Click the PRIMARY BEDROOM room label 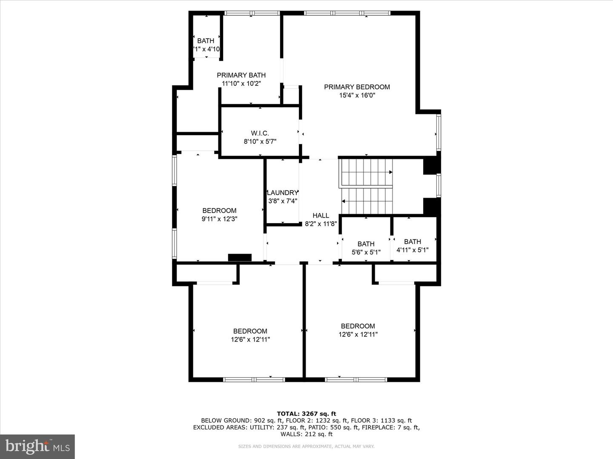pos(357,87)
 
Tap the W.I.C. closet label pos(260,133)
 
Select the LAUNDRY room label pos(282,193)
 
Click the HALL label pos(321,215)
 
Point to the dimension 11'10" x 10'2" pos(241,84)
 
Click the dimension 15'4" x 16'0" pos(357,96)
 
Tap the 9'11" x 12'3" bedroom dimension pos(219,219)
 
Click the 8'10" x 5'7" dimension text pos(260,142)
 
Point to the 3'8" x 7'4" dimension pos(282,201)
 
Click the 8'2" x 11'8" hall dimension pos(321,224)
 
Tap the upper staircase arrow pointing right pos(390,172)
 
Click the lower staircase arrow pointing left pos(344,201)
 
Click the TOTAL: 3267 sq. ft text pos(306,414)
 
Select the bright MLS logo pos(37,446)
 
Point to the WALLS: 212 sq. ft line pos(306,434)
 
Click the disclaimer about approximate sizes pos(306,446)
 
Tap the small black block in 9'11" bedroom pos(240,257)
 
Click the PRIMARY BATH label pos(241,75)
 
